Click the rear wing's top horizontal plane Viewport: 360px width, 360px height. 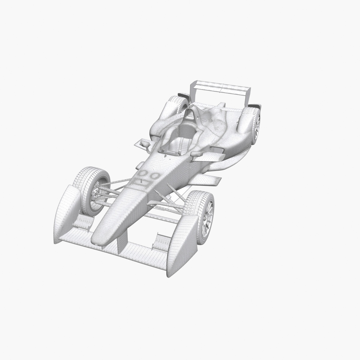click(x=222, y=86)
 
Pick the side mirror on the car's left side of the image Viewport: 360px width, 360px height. click(x=145, y=144)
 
